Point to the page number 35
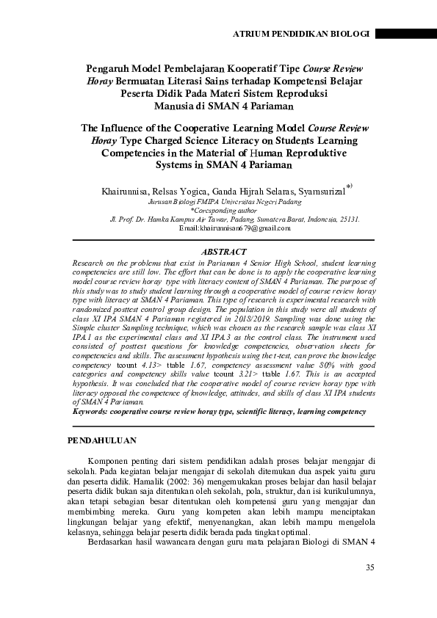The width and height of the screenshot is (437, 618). click(x=369, y=567)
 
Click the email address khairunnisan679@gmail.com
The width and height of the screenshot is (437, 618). click(x=235, y=228)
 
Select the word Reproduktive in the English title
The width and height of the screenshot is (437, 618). click(x=297, y=153)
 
